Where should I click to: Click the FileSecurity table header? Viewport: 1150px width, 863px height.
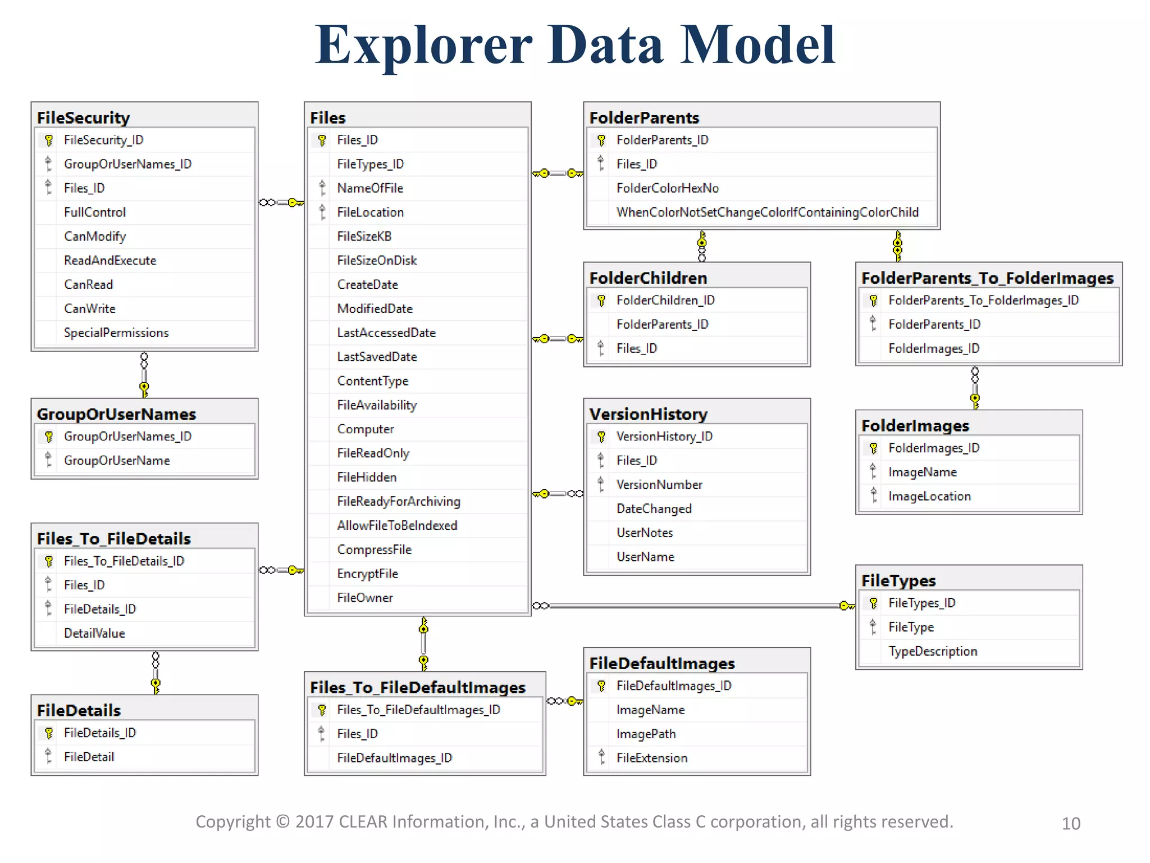click(x=83, y=117)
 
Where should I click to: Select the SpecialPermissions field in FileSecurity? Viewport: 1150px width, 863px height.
click(x=116, y=333)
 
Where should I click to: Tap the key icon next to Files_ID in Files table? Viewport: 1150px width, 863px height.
click(x=322, y=140)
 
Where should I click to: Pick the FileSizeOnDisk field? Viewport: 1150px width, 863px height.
click(x=377, y=261)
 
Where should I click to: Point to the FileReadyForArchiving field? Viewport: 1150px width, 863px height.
click(x=398, y=501)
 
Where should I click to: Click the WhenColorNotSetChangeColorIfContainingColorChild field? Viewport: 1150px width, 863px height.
click(x=767, y=212)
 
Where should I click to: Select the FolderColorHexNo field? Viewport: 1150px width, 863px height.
click(x=667, y=188)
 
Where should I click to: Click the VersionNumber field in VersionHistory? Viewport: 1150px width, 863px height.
click(x=659, y=484)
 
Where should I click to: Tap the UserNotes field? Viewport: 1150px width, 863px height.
click(x=644, y=533)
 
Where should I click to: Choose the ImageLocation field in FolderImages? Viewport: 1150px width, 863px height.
click(x=929, y=496)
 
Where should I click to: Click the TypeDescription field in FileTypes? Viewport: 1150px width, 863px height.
click(x=932, y=651)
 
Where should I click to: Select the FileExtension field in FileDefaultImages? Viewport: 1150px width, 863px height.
click(x=651, y=758)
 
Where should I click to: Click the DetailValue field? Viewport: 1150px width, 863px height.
click(x=94, y=633)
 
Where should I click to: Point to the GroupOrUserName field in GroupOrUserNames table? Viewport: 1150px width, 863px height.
click(x=116, y=461)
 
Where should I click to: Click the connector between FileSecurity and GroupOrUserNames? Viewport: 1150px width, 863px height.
click(x=144, y=374)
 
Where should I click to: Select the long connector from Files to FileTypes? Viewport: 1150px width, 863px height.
click(x=691, y=606)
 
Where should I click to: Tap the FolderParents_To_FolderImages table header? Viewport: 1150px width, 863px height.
click(x=987, y=278)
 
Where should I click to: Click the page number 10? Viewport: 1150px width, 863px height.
click(x=1070, y=824)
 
